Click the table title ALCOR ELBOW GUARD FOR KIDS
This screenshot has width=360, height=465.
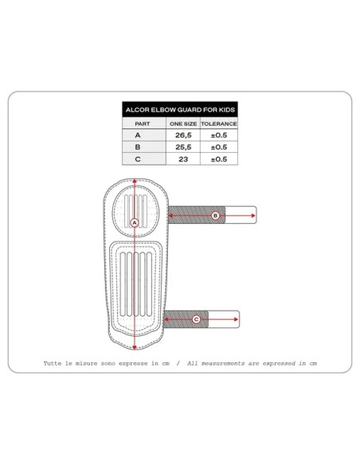click(x=180, y=110)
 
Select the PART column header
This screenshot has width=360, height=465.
click(x=143, y=123)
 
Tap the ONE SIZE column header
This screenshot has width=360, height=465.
click(x=183, y=123)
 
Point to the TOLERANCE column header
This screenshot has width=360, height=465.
click(x=219, y=123)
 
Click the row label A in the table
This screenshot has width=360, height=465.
click(x=138, y=135)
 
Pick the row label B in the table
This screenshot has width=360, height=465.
click(x=138, y=147)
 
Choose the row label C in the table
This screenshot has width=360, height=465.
click(x=138, y=159)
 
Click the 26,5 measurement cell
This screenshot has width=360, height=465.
click(x=183, y=135)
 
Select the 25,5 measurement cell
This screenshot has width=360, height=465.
click(x=183, y=147)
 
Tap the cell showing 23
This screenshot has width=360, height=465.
click(x=183, y=159)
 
